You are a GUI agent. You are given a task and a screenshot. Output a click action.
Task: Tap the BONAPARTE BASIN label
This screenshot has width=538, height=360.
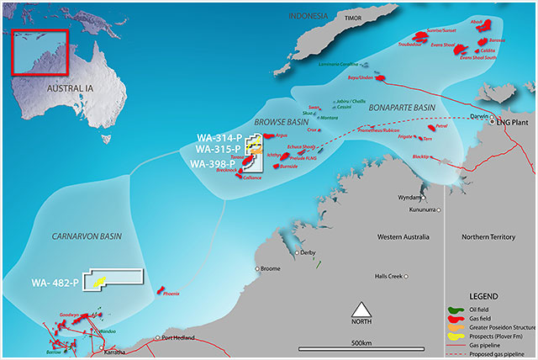401,108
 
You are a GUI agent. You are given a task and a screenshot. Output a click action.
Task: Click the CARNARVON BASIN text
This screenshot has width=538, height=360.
80,237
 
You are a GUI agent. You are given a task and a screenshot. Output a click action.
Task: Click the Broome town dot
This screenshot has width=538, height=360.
257,269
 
